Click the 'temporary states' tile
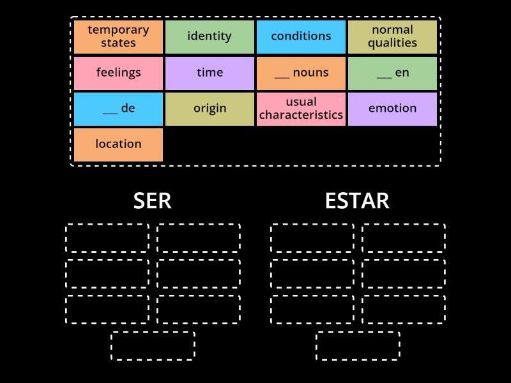click(118, 37)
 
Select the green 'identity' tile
click(210, 37)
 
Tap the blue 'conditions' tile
click(301, 37)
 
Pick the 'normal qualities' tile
click(392, 37)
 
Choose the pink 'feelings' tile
click(118, 73)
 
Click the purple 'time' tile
click(210, 73)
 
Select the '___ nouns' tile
click(301, 73)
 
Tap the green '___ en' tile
click(392, 73)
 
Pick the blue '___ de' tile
click(118, 109)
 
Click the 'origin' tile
click(210, 109)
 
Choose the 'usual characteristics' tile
click(301, 109)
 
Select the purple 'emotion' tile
click(392, 109)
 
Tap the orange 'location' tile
click(118, 145)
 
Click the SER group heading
click(152, 201)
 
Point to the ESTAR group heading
click(357, 201)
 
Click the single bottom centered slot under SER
click(153, 332)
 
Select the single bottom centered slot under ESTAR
click(358, 332)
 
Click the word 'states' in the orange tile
click(118, 43)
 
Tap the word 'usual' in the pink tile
click(301, 102)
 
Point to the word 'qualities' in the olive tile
click(392, 43)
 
